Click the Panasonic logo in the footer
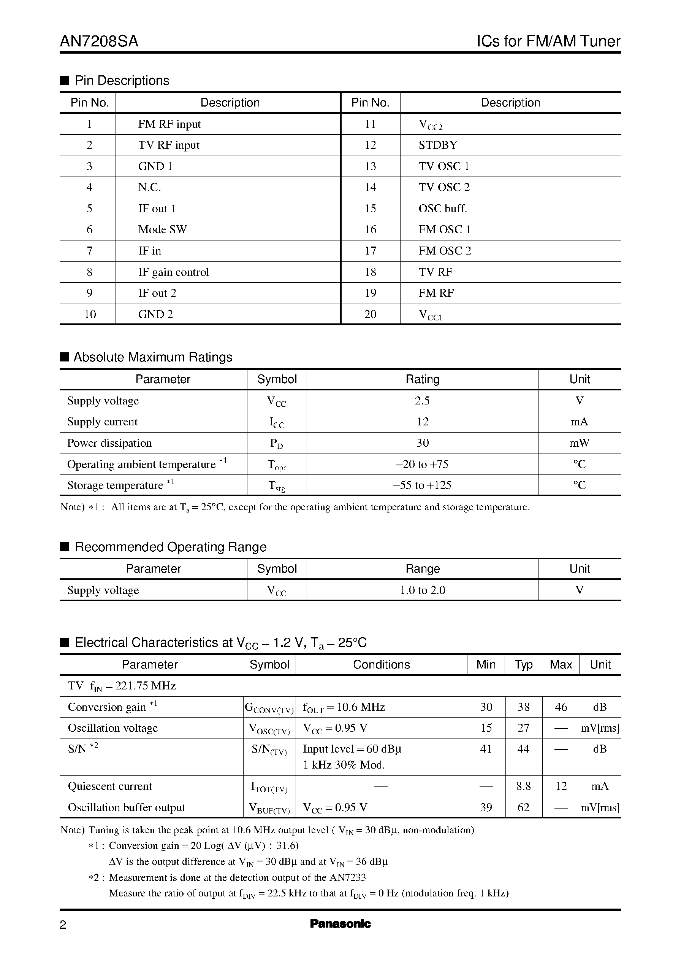340,923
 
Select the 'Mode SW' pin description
162,230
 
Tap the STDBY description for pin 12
438,145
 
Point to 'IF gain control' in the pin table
173,272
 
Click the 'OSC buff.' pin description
442,209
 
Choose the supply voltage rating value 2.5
422,401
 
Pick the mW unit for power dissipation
579,443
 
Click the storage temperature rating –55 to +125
422,485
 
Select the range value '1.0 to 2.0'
422,590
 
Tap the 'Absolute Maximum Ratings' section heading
153,357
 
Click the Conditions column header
381,665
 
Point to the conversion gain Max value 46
561,707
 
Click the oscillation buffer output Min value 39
486,807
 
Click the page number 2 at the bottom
63,925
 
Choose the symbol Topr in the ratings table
277,465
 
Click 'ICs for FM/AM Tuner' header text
548,41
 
